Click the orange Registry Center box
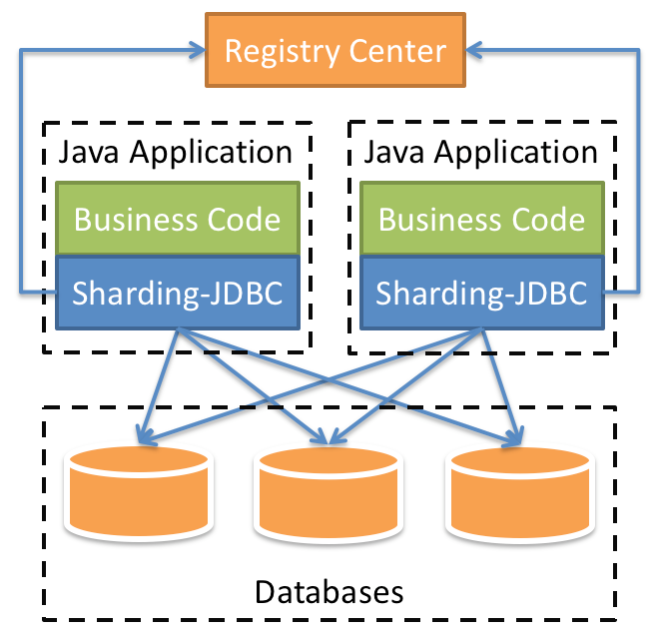coord(334,49)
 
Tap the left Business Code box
coord(177,219)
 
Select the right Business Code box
coord(481,219)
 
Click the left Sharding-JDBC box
coord(177,294)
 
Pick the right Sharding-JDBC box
coord(481,294)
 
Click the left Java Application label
coord(176,153)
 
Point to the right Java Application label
coord(481,153)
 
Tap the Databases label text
coord(329,591)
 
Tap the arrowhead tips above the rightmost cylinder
coord(516,438)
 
